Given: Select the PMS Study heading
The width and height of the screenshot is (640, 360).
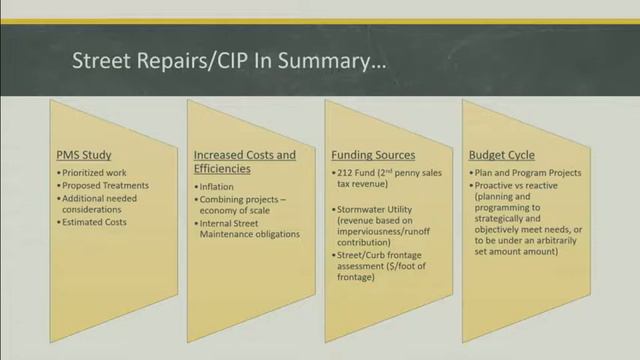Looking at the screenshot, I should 83,155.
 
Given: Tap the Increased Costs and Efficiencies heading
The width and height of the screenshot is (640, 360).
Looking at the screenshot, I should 245,162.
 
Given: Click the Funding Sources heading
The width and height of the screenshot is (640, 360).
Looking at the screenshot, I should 373,155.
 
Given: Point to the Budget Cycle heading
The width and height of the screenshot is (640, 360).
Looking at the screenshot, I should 501,155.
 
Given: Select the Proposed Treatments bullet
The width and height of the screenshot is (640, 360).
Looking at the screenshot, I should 105,186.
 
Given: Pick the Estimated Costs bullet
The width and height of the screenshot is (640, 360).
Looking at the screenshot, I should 97,222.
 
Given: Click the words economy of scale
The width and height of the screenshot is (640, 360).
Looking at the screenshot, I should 236,211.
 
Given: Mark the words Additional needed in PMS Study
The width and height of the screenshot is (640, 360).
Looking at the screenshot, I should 99,198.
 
